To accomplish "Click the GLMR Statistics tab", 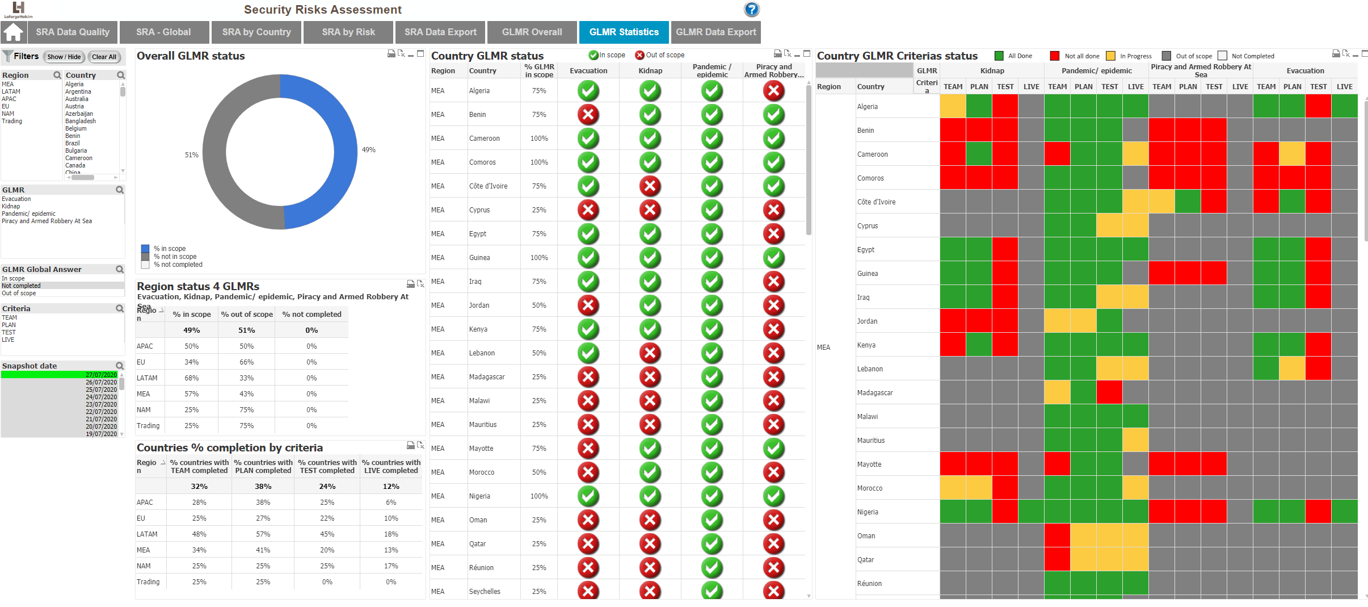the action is [x=624, y=32].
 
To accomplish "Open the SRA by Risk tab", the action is [x=348, y=32].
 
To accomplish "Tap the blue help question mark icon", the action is [x=751, y=9].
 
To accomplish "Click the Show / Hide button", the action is [x=64, y=57].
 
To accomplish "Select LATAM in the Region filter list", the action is [x=11, y=91].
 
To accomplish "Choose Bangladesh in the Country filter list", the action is [x=81, y=121].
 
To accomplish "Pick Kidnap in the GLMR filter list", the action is [x=11, y=206].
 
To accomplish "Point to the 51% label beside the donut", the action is [x=192, y=155].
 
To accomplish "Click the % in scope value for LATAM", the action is [x=192, y=378].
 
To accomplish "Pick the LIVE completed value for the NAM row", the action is [x=391, y=566].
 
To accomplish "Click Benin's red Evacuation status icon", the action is [x=588, y=115].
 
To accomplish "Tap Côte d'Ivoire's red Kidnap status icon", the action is [x=650, y=186].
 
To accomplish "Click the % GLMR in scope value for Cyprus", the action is [x=539, y=210].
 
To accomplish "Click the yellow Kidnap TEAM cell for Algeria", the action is [x=953, y=106].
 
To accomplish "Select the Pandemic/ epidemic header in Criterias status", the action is [x=1097, y=70].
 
